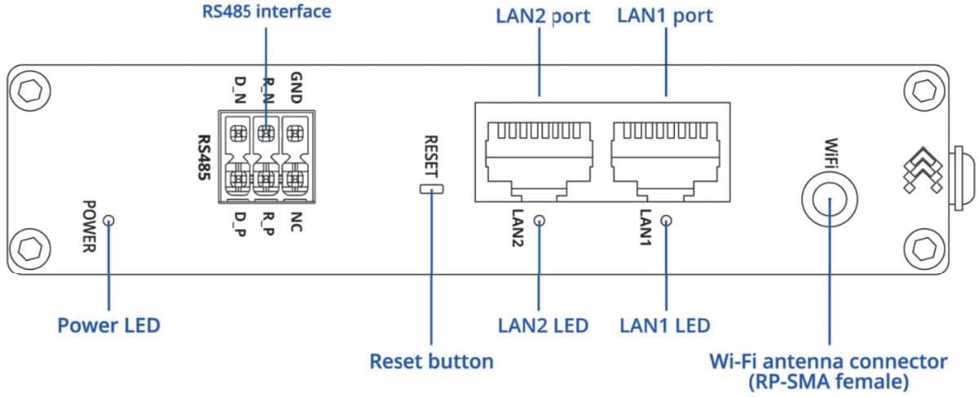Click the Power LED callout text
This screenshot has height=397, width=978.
pyautogui.click(x=108, y=326)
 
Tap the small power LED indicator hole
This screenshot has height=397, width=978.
pyautogui.click(x=108, y=220)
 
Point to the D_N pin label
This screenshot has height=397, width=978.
pyautogui.click(x=240, y=89)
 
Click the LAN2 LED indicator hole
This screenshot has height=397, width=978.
pyautogui.click(x=539, y=220)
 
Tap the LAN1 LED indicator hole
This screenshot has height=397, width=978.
pyautogui.click(x=667, y=220)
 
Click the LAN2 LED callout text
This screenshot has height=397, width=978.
pyautogui.click(x=543, y=326)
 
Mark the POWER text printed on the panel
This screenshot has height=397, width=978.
pyautogui.click(x=90, y=226)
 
